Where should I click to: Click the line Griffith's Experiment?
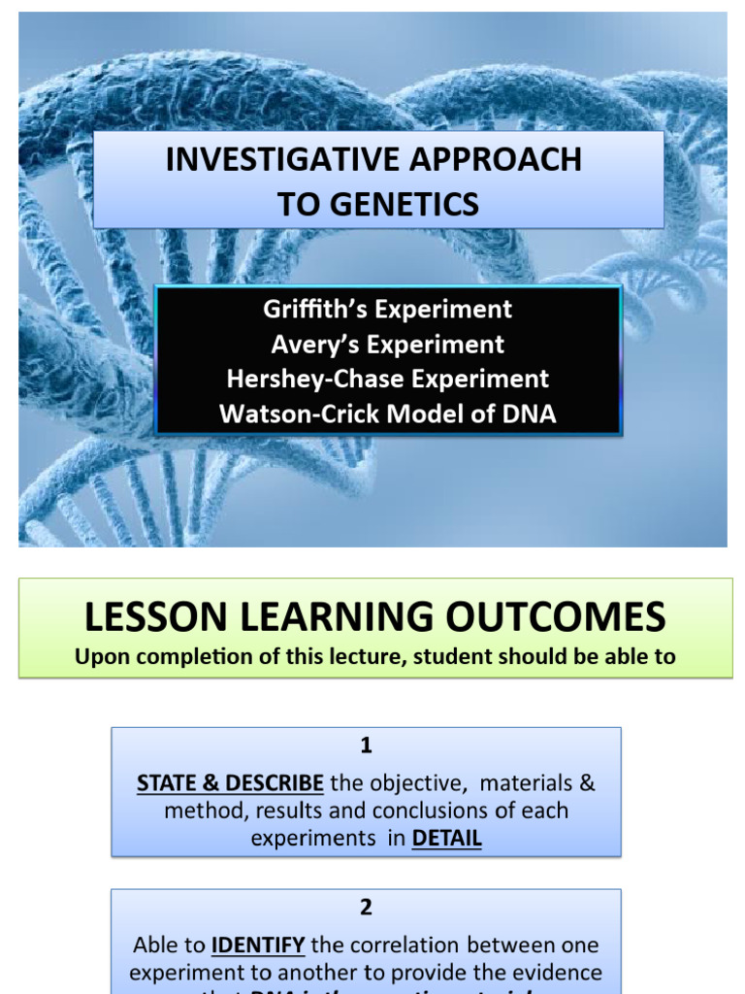coord(387,310)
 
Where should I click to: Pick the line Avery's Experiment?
coord(387,344)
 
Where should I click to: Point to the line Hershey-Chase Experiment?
coord(387,379)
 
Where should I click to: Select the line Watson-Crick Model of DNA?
coord(387,414)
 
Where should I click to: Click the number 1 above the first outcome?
coord(366,745)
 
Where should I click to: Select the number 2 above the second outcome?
coord(366,908)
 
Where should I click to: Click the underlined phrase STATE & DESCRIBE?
coord(230,782)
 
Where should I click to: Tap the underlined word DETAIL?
coord(446,838)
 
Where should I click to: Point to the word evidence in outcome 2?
coord(562,972)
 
